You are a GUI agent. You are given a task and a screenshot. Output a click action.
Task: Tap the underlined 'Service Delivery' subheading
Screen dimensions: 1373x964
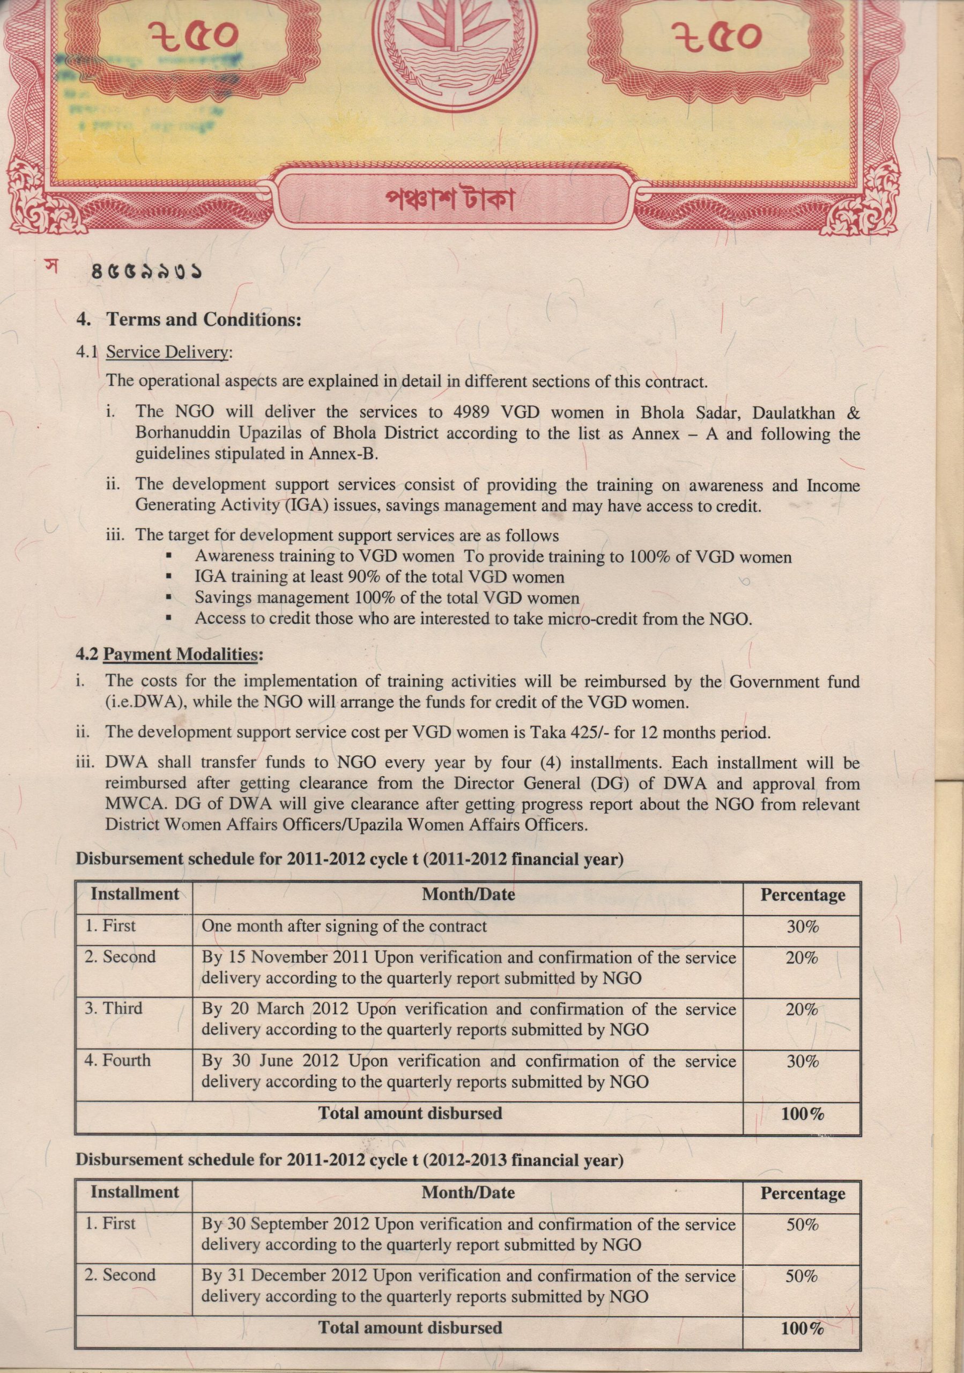coord(167,352)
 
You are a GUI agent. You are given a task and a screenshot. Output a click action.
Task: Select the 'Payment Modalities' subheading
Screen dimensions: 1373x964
coord(181,654)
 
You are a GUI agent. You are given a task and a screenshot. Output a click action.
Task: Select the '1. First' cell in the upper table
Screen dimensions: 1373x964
coord(110,926)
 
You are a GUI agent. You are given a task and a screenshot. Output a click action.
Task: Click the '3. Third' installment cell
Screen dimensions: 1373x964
coord(114,1008)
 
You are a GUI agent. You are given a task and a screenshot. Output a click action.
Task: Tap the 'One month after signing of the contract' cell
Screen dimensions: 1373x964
coord(344,926)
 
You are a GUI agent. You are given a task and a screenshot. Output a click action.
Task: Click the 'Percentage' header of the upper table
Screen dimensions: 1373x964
coord(802,895)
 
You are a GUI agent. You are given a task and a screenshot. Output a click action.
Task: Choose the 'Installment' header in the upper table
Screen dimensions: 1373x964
coord(135,894)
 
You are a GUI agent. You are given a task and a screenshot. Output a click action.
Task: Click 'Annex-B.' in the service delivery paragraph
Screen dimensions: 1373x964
coord(344,454)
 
